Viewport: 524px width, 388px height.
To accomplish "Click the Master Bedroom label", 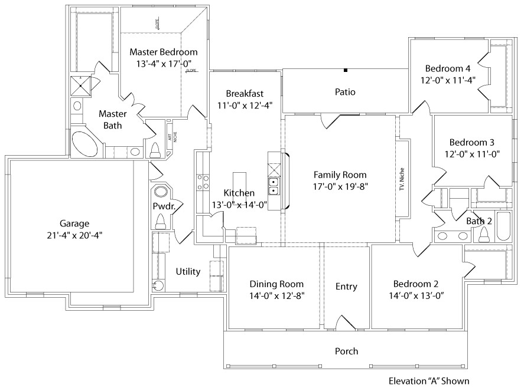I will pos(163,52).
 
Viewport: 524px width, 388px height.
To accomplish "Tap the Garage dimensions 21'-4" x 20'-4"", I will pos(74,235).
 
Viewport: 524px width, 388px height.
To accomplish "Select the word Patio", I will pos(345,92).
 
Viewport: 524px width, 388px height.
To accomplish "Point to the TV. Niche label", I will pos(402,177).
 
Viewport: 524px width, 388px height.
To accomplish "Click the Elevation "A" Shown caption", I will pos(429,381).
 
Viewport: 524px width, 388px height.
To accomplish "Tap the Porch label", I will pos(346,351).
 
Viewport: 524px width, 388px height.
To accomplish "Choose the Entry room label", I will pos(346,287).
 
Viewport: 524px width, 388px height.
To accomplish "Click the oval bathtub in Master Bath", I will pos(84,143).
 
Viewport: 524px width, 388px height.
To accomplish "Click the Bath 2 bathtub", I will pos(503,226).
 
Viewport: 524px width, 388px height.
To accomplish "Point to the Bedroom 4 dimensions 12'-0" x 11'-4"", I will pos(448,80).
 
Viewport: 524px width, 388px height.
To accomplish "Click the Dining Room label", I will pos(276,284).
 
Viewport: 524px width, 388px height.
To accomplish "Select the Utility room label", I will pos(188,272).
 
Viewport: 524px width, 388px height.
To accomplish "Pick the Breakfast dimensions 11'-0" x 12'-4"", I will pos(245,106).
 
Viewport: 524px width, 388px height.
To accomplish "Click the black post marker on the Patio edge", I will pos(346,70).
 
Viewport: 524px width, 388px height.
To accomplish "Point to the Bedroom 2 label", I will pos(416,284).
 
